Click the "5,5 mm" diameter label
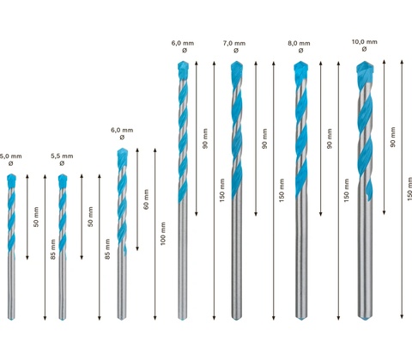pos(62,156)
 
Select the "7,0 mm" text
pos(234,43)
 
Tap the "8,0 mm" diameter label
pos(299,43)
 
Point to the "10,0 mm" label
pos(365,42)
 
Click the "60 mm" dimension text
pos(146,199)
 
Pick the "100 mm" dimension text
pos(163,234)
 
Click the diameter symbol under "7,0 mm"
pos(236,51)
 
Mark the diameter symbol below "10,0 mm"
pos(364,49)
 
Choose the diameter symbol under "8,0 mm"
pos(300,51)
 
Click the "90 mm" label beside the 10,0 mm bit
pos(393,138)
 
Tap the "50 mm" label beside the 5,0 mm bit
pos(36,217)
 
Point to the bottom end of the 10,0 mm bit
pos(366,320)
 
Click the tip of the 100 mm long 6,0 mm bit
pos(123,149)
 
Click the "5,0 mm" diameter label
pos(11,156)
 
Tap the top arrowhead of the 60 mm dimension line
pos(137,150)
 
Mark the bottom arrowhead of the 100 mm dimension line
pos(155,318)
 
